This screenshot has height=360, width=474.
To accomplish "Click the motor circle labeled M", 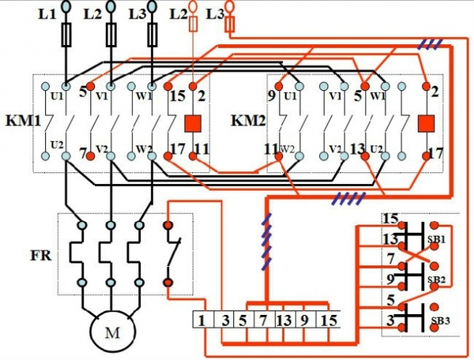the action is (x=112, y=332).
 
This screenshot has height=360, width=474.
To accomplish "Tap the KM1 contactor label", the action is (x=23, y=121).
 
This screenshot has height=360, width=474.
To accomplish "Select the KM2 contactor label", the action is (x=248, y=121).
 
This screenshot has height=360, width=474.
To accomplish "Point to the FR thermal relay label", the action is (x=41, y=256).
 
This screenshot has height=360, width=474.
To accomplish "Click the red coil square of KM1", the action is (x=194, y=123).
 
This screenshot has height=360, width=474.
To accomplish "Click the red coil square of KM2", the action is (x=427, y=123).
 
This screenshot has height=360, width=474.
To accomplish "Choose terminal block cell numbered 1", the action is (x=203, y=320).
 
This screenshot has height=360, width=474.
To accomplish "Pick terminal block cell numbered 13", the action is (x=284, y=320).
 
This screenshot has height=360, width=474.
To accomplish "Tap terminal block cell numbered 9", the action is (x=305, y=320).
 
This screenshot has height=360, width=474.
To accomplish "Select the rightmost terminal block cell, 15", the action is (x=328, y=320).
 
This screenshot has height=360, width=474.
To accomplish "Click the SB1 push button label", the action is (x=437, y=239).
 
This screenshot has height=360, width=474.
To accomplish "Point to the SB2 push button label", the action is (x=437, y=279).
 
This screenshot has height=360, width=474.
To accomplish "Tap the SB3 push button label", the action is (x=440, y=321).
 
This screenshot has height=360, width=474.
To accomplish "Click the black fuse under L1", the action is (x=66, y=35).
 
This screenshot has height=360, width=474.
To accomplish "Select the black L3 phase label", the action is (x=137, y=14).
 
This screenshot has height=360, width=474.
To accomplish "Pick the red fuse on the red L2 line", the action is (x=194, y=24).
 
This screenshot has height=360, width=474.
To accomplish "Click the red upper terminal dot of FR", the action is (x=167, y=225).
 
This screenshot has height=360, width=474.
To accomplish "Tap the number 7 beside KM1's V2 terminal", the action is (x=83, y=153).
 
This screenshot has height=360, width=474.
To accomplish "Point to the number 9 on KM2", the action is (x=272, y=96).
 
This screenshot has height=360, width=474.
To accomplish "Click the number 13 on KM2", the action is (x=358, y=148).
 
